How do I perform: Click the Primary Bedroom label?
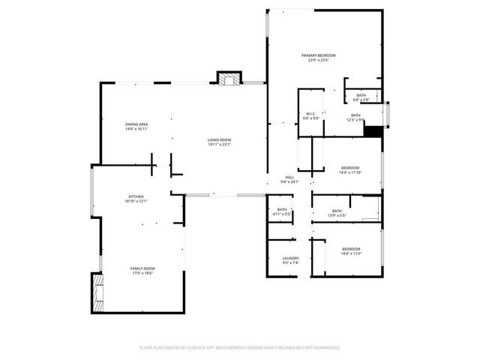coord(319,55)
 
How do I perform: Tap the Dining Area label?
coord(136,124)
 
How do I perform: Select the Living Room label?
coord(220,139)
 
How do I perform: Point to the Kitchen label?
coord(136,196)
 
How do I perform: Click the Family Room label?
coord(142,268)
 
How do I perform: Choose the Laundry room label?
coord(290,258)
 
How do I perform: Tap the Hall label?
coord(289,177)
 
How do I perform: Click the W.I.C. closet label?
coord(310,115)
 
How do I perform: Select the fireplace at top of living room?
coord(230,77)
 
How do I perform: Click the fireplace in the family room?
coord(97,293)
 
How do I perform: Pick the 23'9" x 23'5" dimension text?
coord(319,60)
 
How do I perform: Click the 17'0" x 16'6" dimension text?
coord(142,273)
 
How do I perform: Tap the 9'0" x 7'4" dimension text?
coord(290,262)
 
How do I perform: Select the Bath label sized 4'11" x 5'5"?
coord(282,210)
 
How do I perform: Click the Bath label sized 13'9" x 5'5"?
coord(337,211)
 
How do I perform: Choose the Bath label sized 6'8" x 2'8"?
coord(361,94)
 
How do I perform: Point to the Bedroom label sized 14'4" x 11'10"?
coord(350,167)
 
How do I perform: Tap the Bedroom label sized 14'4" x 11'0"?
coord(351,249)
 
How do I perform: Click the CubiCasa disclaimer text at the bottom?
coord(240,348)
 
